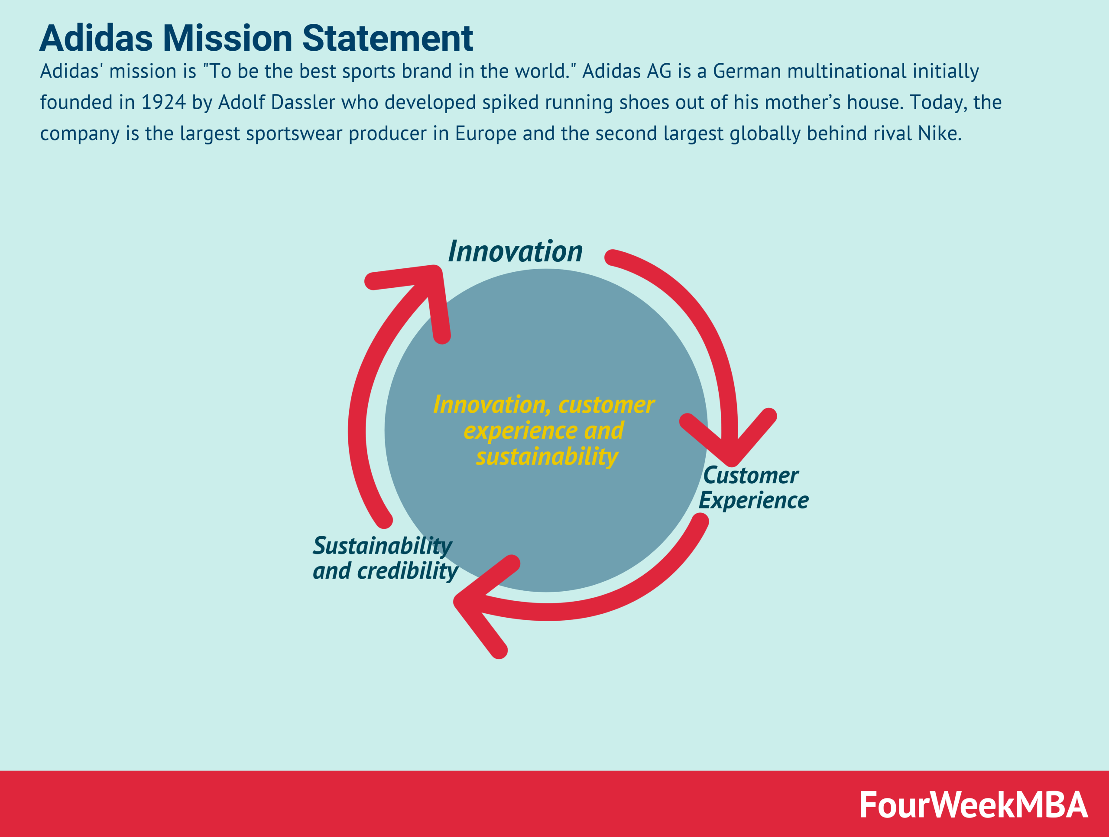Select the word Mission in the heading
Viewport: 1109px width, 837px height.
[x=227, y=39]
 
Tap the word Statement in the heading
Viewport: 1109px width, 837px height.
[x=388, y=39]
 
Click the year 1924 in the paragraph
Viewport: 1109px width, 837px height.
[x=163, y=103]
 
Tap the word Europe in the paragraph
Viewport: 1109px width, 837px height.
[x=485, y=134]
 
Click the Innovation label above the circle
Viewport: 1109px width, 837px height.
[x=515, y=251]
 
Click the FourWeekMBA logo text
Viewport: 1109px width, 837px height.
[x=973, y=805]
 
